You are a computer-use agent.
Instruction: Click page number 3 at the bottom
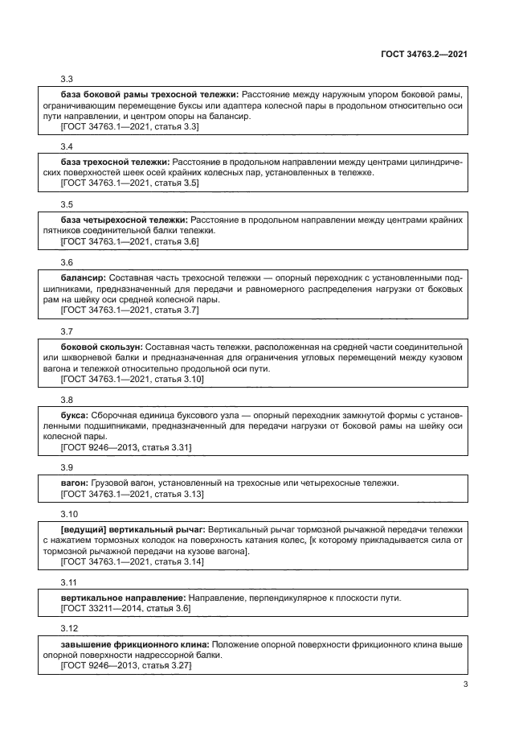click(x=465, y=684)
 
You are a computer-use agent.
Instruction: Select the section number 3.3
click(x=67, y=79)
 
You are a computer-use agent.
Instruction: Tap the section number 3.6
click(x=67, y=262)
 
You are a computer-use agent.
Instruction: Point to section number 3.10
click(x=69, y=513)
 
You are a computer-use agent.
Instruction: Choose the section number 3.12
click(x=69, y=627)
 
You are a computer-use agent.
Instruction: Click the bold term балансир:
click(x=83, y=276)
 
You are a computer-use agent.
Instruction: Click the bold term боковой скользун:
click(x=101, y=346)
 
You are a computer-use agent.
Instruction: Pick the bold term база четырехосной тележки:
click(x=125, y=219)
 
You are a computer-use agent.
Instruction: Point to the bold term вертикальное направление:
click(x=124, y=598)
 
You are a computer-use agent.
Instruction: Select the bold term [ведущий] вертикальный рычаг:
click(x=133, y=529)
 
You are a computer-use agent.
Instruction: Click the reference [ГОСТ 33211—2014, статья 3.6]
click(x=125, y=610)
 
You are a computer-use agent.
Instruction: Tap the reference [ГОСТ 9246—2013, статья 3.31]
click(x=125, y=447)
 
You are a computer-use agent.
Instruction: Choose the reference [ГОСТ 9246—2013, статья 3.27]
click(x=125, y=667)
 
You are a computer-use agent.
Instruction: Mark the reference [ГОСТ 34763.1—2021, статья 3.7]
click(x=129, y=310)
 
